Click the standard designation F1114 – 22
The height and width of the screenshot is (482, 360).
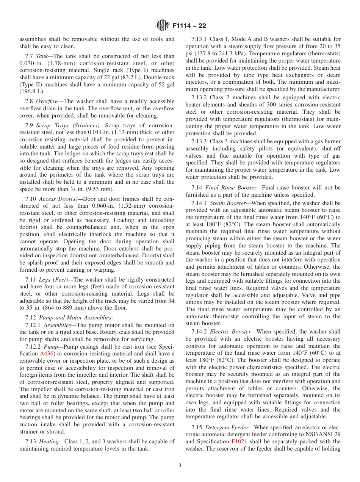tap(189, 26)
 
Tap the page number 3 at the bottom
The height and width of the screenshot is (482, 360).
tap(180, 466)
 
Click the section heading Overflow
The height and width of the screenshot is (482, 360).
tap(48, 101)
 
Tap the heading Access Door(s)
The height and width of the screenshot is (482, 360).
tap(58, 199)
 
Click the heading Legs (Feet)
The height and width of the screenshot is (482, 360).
tap(53, 279)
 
